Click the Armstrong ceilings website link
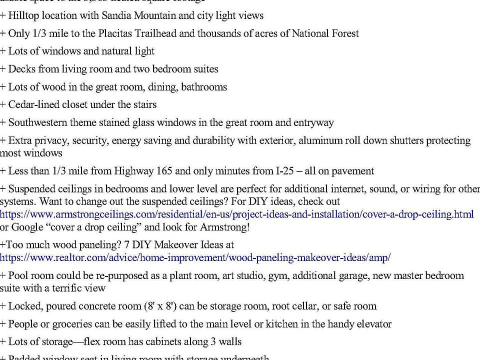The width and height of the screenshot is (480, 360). pos(236,214)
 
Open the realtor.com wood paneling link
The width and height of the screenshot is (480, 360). pos(195,258)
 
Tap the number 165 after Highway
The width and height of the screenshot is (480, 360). pos(164,171)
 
